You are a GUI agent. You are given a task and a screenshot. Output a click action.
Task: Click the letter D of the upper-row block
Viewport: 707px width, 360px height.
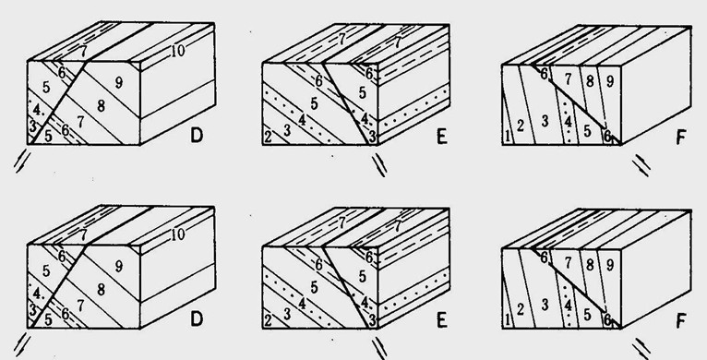click(x=197, y=136)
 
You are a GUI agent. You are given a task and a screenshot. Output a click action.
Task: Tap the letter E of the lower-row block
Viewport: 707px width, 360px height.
click(x=442, y=320)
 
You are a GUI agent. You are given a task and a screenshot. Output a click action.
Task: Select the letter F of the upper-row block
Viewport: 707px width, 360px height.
click(x=681, y=137)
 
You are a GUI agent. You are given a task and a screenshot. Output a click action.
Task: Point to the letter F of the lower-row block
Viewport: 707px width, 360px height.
click(x=681, y=321)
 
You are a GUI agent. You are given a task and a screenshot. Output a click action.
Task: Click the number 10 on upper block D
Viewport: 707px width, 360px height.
click(x=177, y=51)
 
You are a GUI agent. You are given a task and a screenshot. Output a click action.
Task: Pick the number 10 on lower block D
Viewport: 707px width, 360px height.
click(x=177, y=234)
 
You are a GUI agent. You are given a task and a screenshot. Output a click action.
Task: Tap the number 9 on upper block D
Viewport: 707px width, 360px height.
click(x=118, y=82)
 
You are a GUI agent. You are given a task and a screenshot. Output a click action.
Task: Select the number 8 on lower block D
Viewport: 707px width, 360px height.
click(x=101, y=289)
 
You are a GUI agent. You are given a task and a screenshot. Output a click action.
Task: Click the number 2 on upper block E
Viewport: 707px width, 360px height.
click(x=269, y=137)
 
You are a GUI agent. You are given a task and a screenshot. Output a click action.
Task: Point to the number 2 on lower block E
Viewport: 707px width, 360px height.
click(x=269, y=320)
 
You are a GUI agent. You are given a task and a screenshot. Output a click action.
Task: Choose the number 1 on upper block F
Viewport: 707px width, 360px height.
click(x=508, y=136)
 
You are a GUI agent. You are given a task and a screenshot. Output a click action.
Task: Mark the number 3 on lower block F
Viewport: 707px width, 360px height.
click(x=545, y=305)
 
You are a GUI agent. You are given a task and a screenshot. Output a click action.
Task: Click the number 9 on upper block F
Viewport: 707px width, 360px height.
click(x=609, y=81)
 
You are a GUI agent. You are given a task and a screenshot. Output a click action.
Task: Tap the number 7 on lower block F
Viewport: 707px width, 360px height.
click(x=569, y=263)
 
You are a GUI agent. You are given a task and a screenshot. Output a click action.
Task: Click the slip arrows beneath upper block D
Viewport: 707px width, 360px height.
click(x=22, y=162)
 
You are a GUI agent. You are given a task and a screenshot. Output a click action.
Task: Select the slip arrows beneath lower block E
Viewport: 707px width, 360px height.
click(x=379, y=349)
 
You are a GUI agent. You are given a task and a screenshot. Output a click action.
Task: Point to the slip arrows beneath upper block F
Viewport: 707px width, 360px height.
click(x=641, y=165)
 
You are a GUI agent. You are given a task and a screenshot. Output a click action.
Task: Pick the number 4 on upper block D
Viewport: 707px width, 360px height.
click(x=37, y=109)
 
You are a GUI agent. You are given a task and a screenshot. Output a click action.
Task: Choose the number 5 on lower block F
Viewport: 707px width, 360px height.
click(x=587, y=315)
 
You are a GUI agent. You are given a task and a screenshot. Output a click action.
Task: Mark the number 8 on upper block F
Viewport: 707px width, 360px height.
click(x=590, y=81)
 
